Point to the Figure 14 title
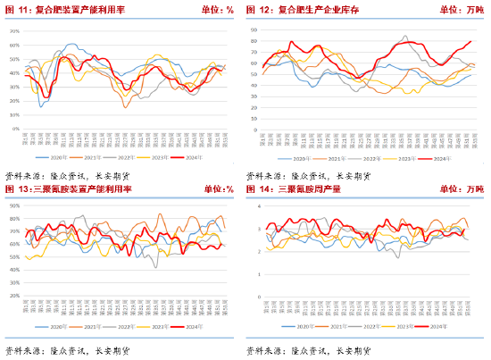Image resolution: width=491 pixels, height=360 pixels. click(x=308, y=188)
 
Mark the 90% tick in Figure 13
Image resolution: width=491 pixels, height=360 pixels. click(x=14, y=205)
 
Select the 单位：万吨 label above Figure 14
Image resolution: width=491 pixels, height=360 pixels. click(x=462, y=188)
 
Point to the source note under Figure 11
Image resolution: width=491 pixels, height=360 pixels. click(x=67, y=175)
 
